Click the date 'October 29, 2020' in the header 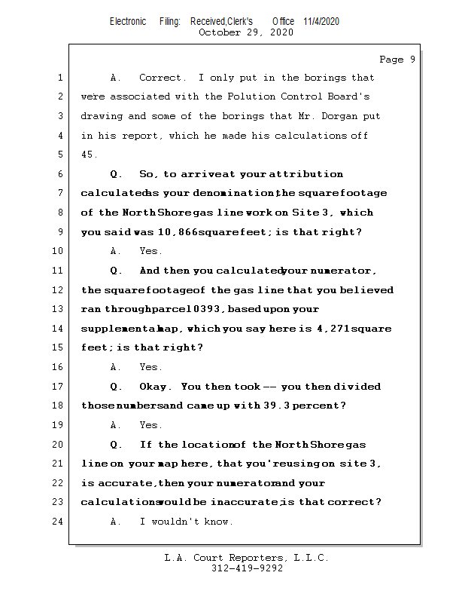(x=246, y=32)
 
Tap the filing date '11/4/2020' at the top (x=321, y=21)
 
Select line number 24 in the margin (x=59, y=522)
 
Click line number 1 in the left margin (x=59, y=78)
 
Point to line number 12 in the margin (x=59, y=290)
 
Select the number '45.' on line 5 (x=90, y=155)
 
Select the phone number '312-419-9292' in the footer (x=247, y=568)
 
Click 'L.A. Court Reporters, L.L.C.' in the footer (x=247, y=559)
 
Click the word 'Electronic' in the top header (x=128, y=21)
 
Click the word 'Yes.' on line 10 (x=151, y=251)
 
